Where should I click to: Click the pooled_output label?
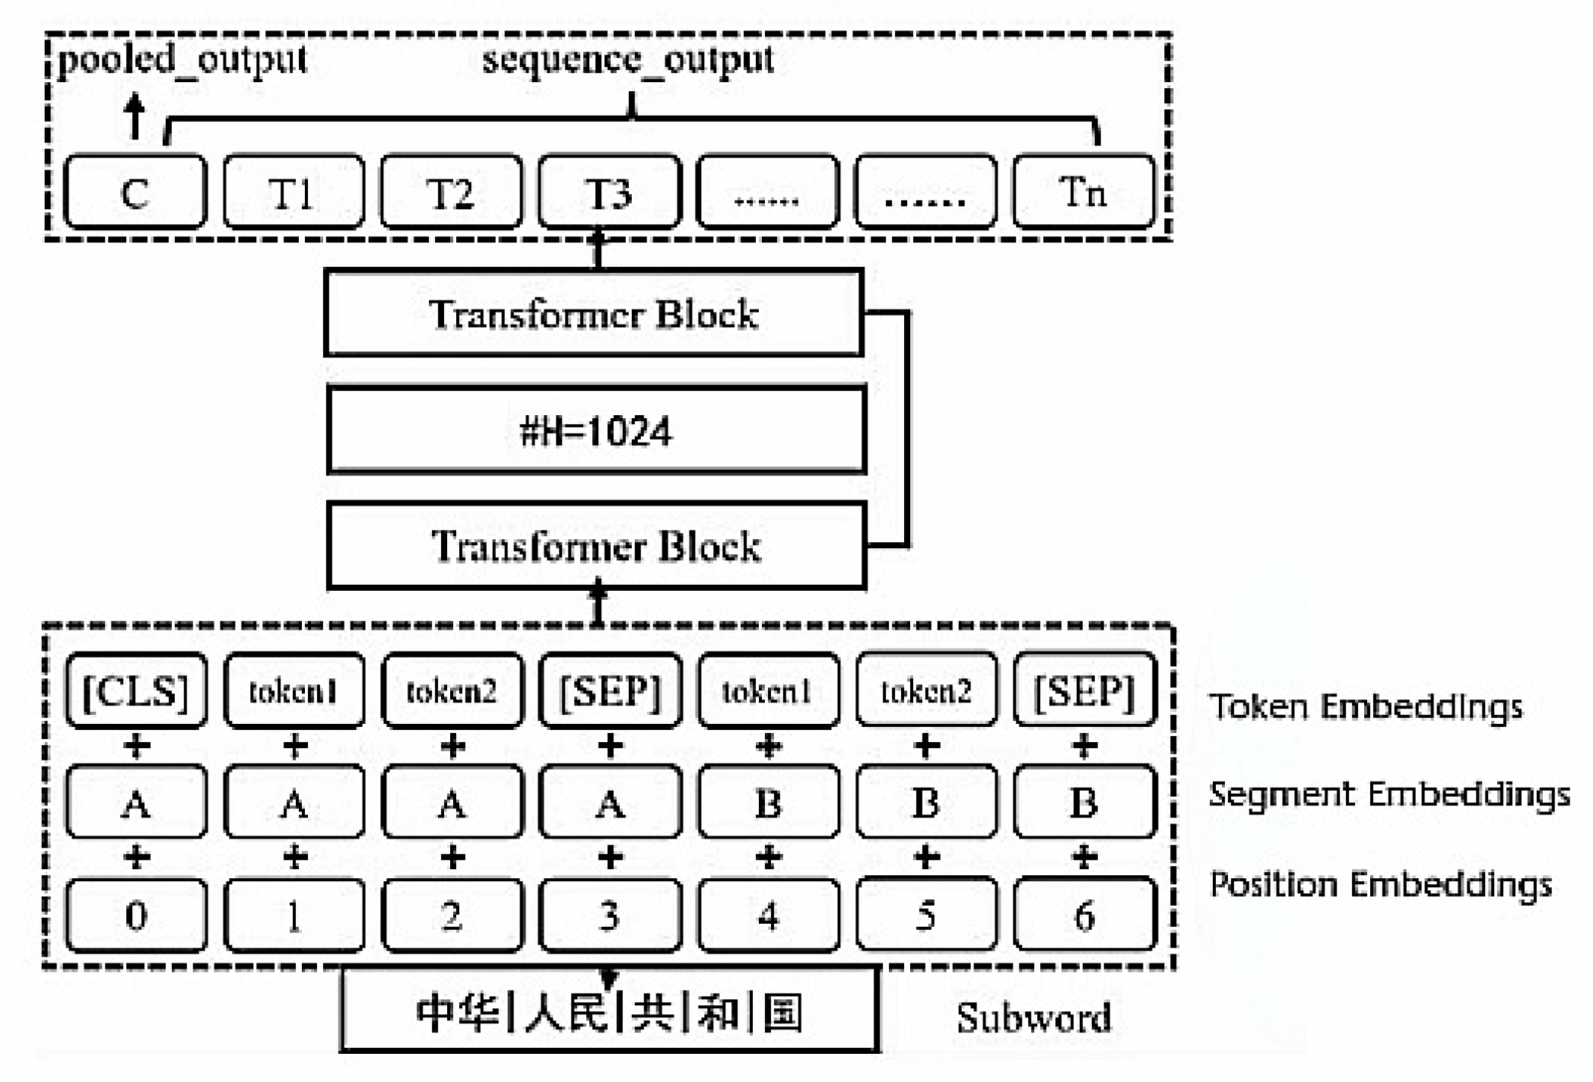(x=182, y=60)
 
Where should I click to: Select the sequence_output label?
(x=628, y=60)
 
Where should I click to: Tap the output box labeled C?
(x=135, y=192)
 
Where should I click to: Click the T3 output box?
(x=609, y=192)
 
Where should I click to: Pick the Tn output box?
(x=1084, y=192)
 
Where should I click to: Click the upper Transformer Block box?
(x=594, y=313)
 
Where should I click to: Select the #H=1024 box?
(x=596, y=430)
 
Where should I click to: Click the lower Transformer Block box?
(x=596, y=546)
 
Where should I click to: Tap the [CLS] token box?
(x=135, y=690)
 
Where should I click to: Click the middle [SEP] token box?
(x=609, y=690)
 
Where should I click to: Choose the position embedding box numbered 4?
(x=768, y=915)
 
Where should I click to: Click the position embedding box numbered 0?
(x=135, y=915)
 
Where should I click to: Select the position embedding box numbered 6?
(x=1084, y=915)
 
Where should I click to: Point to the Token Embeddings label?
(x=1366, y=706)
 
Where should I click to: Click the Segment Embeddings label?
(x=1388, y=795)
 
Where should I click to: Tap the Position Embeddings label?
(x=1380, y=885)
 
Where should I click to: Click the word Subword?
(x=1033, y=1017)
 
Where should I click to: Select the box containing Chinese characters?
(x=609, y=1011)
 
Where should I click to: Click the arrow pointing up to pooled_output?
(x=135, y=116)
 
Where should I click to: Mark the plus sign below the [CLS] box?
(x=136, y=747)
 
